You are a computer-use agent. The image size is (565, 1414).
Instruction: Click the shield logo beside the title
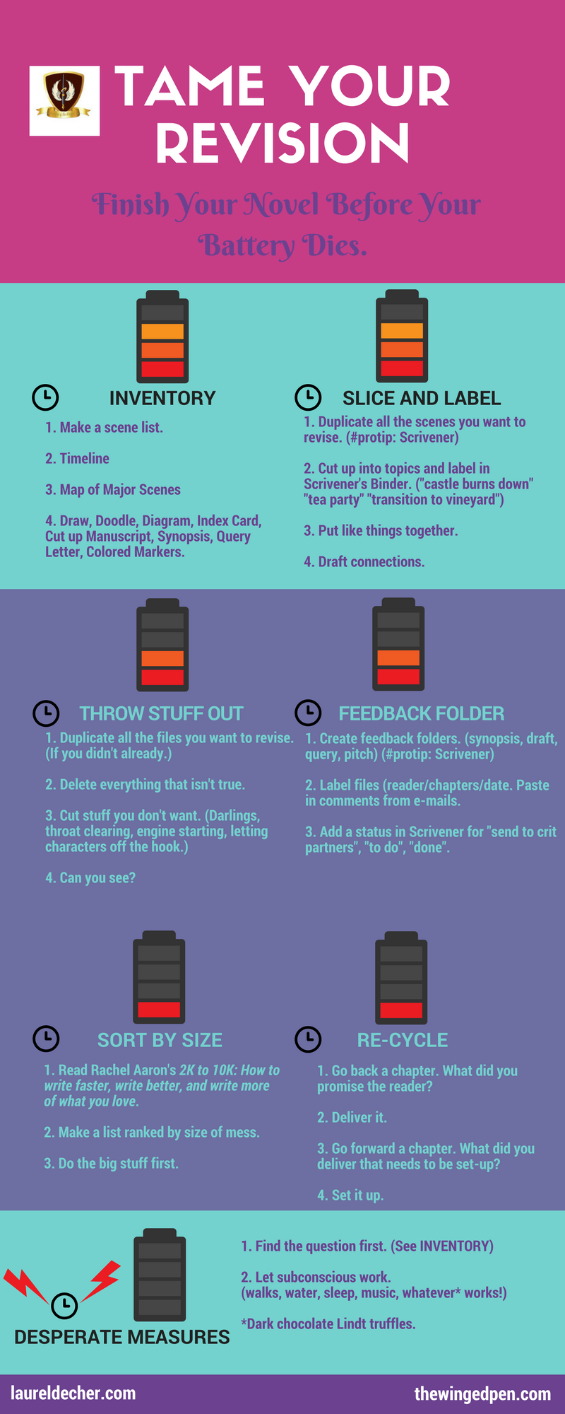coord(64,100)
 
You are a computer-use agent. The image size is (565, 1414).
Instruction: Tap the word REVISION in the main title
coord(282,143)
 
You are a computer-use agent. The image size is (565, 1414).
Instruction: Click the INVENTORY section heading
coord(162,398)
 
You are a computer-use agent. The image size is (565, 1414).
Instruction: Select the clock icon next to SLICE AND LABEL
coord(308,397)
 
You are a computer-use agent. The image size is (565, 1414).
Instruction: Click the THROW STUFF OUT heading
coord(161,713)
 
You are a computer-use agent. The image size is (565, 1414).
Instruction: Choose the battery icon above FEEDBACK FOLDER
coord(398,645)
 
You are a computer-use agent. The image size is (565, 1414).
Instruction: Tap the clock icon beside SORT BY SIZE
coord(47,1039)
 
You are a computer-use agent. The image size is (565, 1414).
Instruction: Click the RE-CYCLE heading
coord(402,1040)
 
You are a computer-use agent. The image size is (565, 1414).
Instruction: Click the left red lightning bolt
coord(25,1283)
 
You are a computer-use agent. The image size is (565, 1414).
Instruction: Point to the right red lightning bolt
coord(102,1279)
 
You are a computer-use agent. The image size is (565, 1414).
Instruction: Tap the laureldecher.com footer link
coord(73,1393)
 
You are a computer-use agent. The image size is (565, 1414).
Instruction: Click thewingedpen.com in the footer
coord(482,1393)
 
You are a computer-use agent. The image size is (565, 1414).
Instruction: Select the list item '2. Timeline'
coord(77,458)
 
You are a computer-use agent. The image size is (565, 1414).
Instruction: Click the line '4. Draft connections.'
coord(364,561)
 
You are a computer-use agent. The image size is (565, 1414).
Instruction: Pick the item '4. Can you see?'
coord(90,877)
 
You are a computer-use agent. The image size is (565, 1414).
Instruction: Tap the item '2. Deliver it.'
coord(352,1117)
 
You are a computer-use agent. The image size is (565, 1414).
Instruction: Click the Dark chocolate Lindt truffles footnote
coord(328,1324)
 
